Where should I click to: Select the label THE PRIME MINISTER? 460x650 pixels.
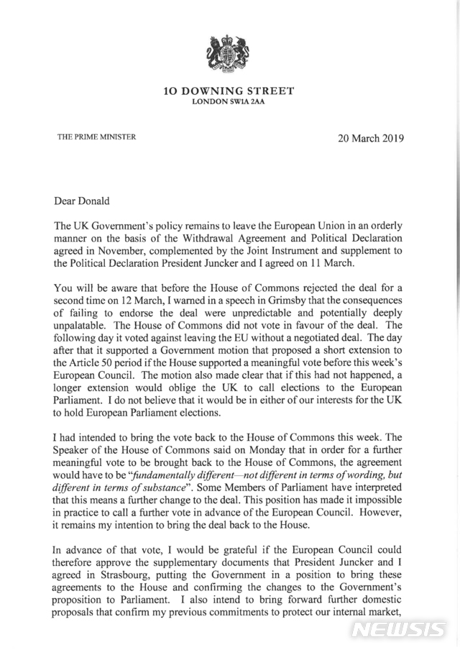[x=96, y=137]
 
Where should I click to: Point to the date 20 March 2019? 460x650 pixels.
[x=371, y=138]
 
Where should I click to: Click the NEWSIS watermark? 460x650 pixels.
[x=399, y=628]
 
